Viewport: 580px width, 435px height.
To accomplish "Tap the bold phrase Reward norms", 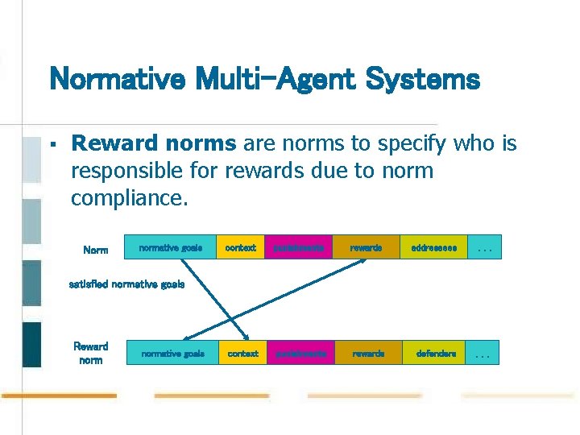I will (154, 143).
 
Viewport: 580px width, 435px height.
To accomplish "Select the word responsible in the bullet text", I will (134, 171).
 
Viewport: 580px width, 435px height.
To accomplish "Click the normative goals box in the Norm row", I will (170, 248).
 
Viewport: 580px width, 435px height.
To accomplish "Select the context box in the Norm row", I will (240, 248).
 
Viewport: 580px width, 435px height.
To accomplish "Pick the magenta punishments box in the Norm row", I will (298, 248).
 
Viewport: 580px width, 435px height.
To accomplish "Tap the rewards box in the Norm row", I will (366, 248).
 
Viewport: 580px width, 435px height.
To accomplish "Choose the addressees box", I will (433, 248).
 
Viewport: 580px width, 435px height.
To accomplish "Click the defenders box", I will (436, 353).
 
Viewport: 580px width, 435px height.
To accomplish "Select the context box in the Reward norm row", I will (242, 353).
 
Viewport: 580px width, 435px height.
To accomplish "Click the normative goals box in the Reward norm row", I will (172, 353).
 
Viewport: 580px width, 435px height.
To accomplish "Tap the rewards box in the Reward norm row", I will (367, 353).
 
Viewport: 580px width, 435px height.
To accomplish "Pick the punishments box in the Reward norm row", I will (300, 353).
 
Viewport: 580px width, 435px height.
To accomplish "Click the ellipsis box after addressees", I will (485, 248).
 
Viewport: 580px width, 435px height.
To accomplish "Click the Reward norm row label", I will (90, 353).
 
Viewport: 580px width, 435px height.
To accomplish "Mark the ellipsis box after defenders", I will (483, 353).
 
